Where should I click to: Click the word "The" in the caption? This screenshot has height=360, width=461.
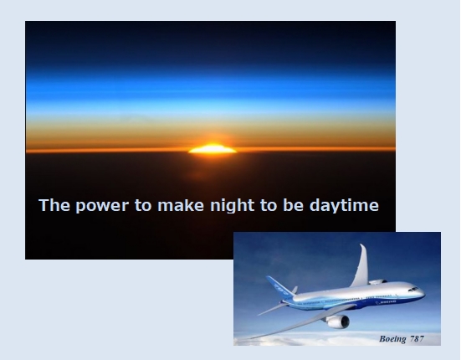pos(54,205)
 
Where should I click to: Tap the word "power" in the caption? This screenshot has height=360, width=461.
pos(102,206)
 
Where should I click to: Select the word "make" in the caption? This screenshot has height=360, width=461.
pos(181,205)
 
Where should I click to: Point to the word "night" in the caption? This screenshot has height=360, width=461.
pos(233,205)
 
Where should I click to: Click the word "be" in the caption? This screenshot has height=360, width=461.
pos(293,205)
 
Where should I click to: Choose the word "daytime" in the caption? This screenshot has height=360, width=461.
pos(344,205)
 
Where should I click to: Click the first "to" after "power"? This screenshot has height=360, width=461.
pos(143,205)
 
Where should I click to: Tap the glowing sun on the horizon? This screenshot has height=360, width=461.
pos(213,149)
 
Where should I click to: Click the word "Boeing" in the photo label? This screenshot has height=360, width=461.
pos(392,339)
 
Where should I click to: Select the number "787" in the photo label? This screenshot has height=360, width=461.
pos(417,339)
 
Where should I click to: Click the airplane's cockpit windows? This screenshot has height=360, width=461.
pos(413,289)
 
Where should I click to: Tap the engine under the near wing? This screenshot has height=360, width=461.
pos(338,321)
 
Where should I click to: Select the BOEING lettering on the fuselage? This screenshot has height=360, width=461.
pos(387,301)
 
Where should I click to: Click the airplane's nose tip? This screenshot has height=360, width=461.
pos(424,294)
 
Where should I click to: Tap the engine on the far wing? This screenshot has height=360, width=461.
pos(377,282)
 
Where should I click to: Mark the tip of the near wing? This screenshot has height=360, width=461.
pos(250,338)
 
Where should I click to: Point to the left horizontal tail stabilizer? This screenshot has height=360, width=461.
pos(272,309)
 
